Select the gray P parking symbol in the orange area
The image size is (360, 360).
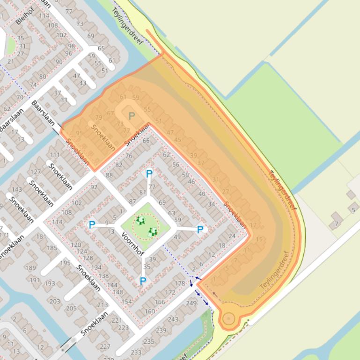click(132, 116)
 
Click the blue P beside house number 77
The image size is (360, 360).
click(149, 174)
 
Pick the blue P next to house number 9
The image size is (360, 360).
click(92, 225)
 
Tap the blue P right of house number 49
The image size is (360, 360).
click(200, 230)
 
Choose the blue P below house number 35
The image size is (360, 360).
click(143, 281)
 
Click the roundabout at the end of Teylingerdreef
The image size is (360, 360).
click(228, 319)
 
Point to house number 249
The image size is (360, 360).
click(191, 303)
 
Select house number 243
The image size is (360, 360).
click(173, 319)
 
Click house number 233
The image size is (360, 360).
click(136, 353)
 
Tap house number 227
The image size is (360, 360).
click(105, 346)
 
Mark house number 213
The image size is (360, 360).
click(103, 305)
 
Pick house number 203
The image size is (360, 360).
click(55, 301)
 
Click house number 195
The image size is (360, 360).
click(65, 263)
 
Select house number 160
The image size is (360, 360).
click(150, 311)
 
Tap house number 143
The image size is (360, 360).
click(17, 189)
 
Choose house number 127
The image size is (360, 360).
click(36, 172)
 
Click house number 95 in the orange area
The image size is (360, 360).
click(79, 133)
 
